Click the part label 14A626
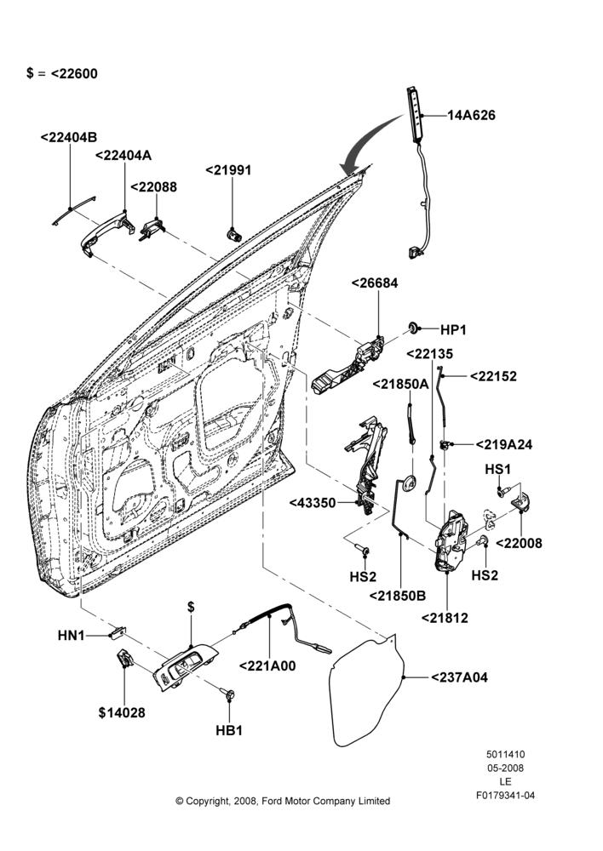[471, 115]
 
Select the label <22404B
[69, 137]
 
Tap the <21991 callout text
[229, 170]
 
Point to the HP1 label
[453, 329]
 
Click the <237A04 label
[460, 677]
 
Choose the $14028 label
[122, 712]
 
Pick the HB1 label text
[229, 730]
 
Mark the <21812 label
[445, 618]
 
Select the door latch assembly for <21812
[451, 540]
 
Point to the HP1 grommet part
[414, 328]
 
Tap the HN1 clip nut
[118, 632]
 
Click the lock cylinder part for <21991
[234, 235]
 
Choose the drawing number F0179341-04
[505, 796]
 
